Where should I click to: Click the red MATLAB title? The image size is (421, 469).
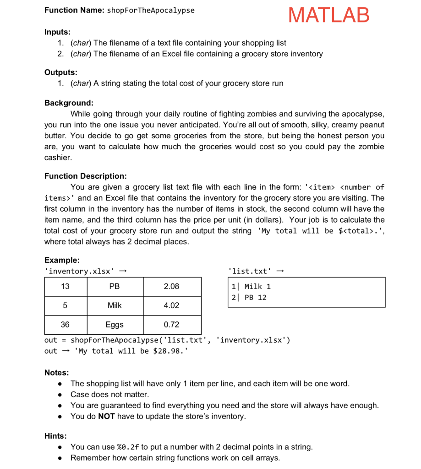coord(328,15)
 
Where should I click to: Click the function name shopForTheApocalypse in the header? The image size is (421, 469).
coord(150,10)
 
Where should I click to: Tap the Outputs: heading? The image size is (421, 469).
coord(60,72)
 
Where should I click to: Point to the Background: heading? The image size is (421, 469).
coord(69,103)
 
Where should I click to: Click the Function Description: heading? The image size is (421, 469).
coord(86,176)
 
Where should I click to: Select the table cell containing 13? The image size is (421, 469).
coord(65,286)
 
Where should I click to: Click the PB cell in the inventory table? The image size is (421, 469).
coord(115,286)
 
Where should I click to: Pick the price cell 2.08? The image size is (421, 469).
coord(171,286)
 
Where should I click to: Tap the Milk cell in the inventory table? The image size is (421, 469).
coord(115,305)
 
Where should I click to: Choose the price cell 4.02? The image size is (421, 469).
coord(171,305)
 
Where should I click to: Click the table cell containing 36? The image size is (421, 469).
coord(65,325)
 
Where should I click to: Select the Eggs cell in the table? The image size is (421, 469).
coord(115,325)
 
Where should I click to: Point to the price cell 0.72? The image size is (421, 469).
coord(171,325)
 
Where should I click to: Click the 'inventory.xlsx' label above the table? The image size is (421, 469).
coord(79,271)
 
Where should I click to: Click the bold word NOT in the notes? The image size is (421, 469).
coord(106,416)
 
